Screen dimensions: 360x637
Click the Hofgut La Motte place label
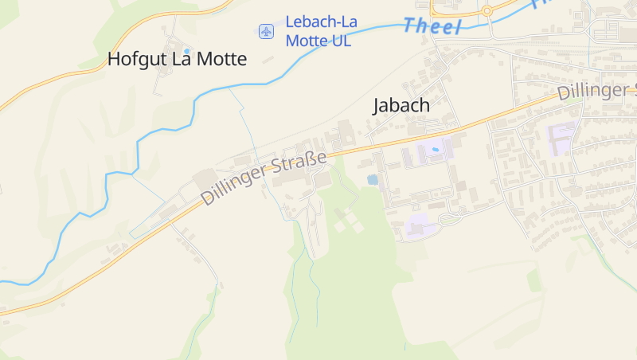(177, 59)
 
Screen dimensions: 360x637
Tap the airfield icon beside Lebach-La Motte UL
(266, 31)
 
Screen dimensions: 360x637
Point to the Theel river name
(432, 25)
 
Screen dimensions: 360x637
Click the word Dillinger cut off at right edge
(593, 91)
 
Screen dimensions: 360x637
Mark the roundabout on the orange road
(486, 10)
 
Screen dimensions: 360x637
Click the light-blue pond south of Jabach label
(372, 180)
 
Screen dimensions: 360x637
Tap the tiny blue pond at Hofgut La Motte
(186, 51)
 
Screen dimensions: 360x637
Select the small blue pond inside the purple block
(435, 147)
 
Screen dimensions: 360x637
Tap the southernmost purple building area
(420, 225)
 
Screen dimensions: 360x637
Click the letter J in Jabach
(377, 106)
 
